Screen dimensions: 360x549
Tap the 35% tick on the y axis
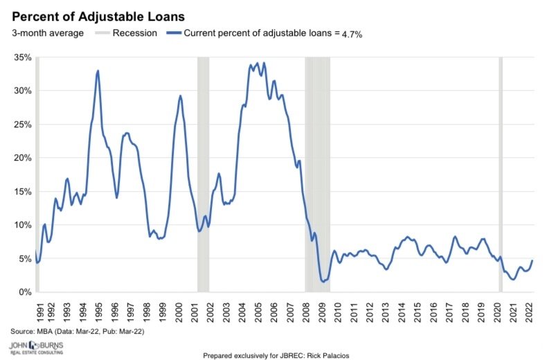click(x=21, y=57)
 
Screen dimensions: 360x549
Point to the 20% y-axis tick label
click(x=21, y=158)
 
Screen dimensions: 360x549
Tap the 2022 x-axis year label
click(x=529, y=309)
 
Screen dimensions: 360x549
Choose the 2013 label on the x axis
click(x=386, y=309)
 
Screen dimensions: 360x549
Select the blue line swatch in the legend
click(x=173, y=32)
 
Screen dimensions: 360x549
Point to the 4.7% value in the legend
click(x=350, y=33)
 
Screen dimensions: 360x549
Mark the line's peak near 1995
click(x=98, y=71)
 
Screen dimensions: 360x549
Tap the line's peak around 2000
click(x=180, y=96)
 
